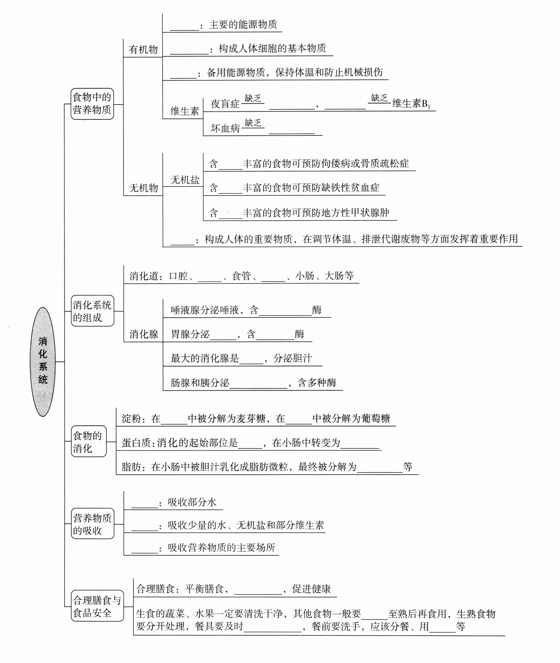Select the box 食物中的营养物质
coord(92,104)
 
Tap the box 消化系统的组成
coord(92,311)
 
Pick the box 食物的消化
coord(88,441)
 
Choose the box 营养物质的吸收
coord(92,524)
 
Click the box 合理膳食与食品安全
coord(97,606)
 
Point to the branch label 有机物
coord(143,50)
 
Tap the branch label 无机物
coord(143,188)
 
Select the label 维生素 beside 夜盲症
coord(185,111)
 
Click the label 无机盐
coord(185,180)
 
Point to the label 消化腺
coord(144,334)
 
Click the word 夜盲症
coord(225,104)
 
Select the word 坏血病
coord(225,128)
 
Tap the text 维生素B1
coord(411,104)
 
